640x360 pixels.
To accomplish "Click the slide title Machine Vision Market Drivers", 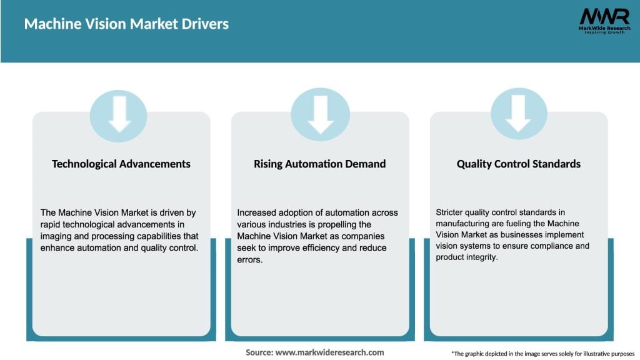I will coord(126,24).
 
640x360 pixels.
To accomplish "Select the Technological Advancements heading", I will coord(121,164).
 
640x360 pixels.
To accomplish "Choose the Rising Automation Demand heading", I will coord(319,164).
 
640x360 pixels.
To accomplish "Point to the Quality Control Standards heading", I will coord(518,164).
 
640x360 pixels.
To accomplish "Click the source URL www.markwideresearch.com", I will coord(329,352).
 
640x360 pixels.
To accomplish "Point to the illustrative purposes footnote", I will coord(542,353).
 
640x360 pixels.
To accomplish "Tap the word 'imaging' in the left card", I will coord(58,236).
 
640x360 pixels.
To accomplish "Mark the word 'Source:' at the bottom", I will coord(259,352).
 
